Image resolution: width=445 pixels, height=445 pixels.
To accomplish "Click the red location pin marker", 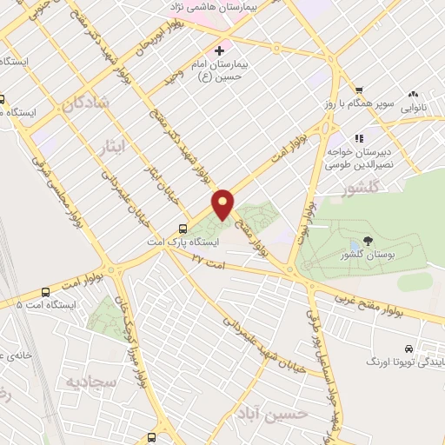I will [223, 204].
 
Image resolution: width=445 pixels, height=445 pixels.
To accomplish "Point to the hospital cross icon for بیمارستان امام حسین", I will [219, 51].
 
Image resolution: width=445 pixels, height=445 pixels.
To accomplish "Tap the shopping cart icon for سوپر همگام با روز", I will [358, 91].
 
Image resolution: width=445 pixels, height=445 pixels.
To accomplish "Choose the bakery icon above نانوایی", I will [413, 94].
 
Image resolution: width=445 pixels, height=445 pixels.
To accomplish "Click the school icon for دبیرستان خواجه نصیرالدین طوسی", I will [357, 137].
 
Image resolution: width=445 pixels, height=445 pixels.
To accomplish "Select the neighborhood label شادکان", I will [84, 103].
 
